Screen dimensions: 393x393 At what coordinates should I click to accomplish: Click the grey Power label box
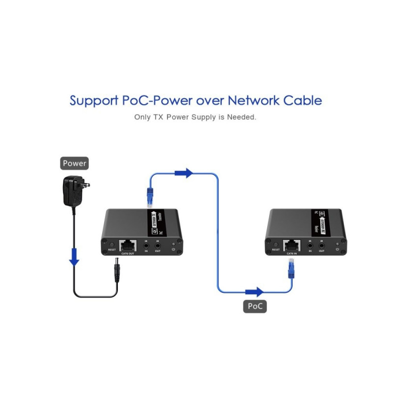click(74, 164)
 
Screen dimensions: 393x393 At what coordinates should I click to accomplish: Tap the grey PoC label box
click(255, 307)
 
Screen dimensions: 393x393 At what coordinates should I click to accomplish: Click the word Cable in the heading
click(303, 101)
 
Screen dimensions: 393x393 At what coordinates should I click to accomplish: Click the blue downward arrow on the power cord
click(74, 257)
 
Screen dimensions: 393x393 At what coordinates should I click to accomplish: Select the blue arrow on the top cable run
click(184, 173)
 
